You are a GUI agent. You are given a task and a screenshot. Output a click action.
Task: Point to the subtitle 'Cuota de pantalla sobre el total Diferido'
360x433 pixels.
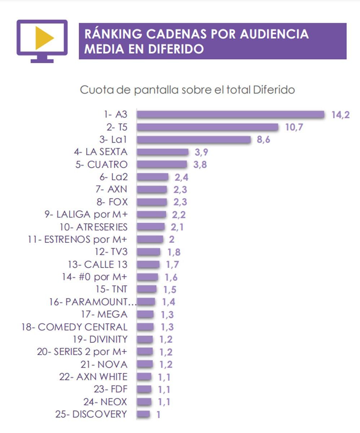(x=187, y=90)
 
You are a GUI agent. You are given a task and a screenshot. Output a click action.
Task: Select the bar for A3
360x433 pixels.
(x=231, y=114)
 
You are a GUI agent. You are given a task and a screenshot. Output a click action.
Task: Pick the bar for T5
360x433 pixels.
(x=207, y=127)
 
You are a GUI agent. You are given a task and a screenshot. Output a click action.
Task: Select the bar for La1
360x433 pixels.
(x=193, y=140)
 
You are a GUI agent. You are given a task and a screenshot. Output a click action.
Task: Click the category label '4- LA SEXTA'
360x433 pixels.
(x=101, y=152)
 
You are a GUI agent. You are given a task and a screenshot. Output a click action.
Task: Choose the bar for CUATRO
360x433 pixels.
(x=162, y=165)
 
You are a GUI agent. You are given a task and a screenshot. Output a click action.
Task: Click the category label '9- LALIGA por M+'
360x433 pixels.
(x=86, y=214)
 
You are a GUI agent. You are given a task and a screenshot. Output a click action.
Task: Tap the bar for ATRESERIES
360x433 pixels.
(x=151, y=227)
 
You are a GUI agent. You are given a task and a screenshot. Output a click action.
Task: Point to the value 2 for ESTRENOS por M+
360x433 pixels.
(x=172, y=240)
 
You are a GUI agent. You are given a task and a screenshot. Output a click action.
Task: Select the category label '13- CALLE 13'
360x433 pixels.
(x=97, y=264)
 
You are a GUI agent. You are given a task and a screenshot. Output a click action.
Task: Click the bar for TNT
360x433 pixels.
(x=147, y=289)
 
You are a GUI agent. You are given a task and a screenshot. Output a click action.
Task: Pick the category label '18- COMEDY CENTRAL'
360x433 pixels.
(x=75, y=327)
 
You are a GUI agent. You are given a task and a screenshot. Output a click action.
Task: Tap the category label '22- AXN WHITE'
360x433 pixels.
(x=93, y=377)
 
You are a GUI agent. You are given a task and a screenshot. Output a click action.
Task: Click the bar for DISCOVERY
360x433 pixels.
(x=143, y=414)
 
